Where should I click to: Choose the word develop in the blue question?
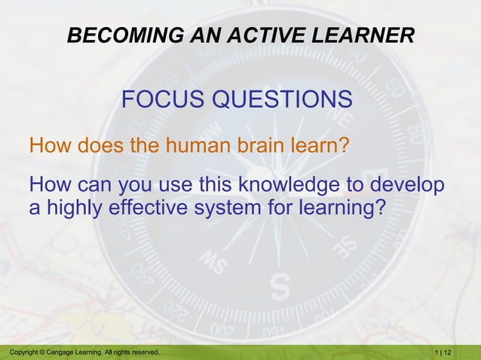click(409, 185)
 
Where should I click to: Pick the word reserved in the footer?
click(143, 352)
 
